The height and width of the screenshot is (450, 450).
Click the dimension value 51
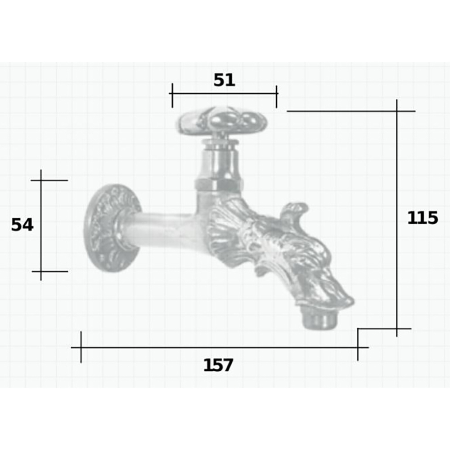point(224,80)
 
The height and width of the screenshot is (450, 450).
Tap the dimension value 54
point(22,225)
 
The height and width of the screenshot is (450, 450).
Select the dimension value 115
point(423,218)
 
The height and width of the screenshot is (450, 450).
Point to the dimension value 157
point(218,365)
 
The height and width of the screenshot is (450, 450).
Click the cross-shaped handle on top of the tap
point(222,120)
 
